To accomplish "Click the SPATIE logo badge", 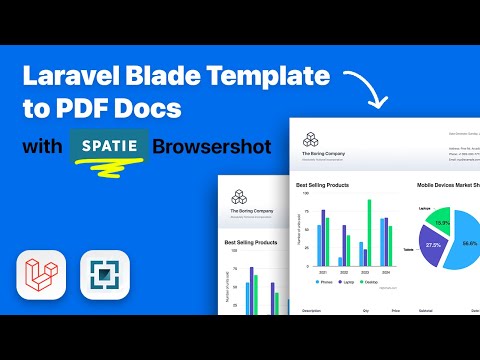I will [109, 146].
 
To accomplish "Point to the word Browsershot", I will [215, 146].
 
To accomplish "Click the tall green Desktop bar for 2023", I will [369, 231].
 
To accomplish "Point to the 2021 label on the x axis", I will [322, 271].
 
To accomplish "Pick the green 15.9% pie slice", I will [441, 222].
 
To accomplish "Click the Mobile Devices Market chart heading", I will [448, 184].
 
